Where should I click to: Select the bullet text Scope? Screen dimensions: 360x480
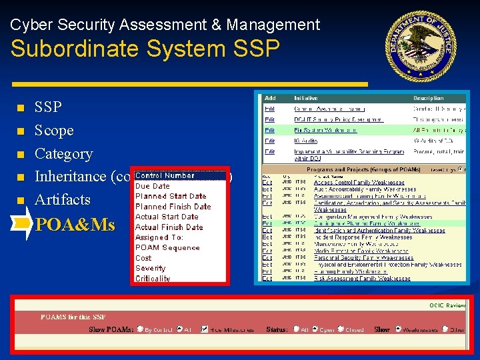(54, 130)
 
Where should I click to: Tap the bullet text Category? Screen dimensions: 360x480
(63, 153)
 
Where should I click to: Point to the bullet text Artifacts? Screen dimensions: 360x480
(62, 199)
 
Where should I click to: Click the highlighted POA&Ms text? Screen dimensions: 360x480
(75, 225)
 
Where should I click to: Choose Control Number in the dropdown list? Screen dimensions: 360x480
(165, 176)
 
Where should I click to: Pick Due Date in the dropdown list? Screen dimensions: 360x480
(153, 186)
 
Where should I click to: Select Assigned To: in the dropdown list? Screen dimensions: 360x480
(159, 237)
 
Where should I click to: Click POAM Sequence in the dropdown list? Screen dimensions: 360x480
(167, 247)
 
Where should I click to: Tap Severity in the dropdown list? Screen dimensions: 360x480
(150, 268)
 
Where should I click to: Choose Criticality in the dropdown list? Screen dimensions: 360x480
(153, 279)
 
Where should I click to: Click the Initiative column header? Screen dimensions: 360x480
(306, 98)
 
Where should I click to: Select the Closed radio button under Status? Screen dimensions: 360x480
(341, 329)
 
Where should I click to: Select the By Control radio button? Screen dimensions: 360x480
(140, 329)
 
